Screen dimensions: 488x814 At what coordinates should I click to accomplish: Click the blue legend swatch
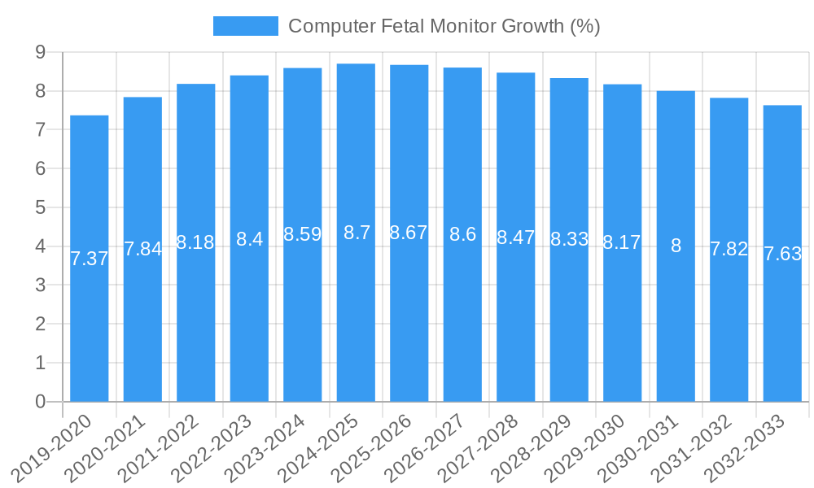click(245, 26)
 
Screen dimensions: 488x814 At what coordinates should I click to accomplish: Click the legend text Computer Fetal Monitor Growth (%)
click(444, 26)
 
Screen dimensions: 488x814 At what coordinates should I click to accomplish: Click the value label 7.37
click(90, 259)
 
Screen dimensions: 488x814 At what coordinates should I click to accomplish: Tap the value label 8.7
click(357, 233)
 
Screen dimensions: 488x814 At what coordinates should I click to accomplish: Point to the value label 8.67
click(409, 233)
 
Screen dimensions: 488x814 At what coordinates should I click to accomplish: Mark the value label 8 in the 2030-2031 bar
click(676, 246)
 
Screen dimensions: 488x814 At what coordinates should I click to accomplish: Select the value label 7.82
click(729, 250)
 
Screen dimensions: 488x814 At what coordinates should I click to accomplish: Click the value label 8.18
click(195, 242)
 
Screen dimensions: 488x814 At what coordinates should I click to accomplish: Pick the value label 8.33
click(569, 239)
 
